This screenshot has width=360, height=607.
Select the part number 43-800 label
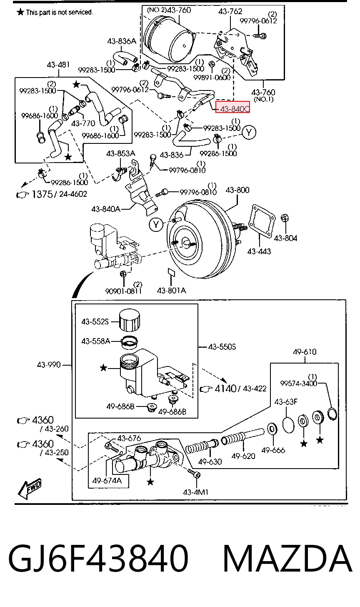(237, 190)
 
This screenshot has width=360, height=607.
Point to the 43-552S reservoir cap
(130, 320)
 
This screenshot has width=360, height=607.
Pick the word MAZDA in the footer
(287, 559)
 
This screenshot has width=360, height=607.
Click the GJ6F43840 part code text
(98, 559)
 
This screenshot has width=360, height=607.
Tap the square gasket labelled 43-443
(262, 221)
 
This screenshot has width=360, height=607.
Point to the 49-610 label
(305, 352)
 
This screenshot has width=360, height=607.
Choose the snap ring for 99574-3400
(332, 414)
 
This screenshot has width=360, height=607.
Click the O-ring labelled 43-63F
(288, 424)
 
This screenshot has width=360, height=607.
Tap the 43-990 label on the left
(49, 365)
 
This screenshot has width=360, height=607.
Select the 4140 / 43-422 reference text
(233, 389)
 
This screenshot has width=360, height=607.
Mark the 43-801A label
(172, 291)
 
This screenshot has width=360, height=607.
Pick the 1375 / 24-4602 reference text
(52, 194)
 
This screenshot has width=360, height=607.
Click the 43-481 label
(58, 65)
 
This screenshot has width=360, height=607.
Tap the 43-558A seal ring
(129, 342)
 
